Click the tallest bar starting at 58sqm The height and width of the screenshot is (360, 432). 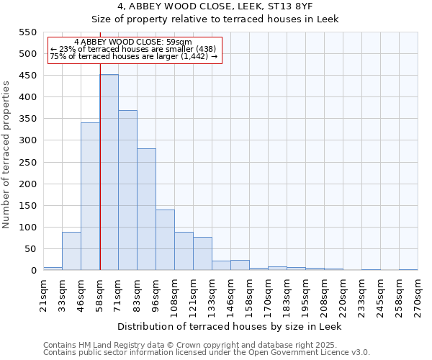(x=109, y=173)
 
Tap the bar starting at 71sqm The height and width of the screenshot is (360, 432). (x=127, y=191)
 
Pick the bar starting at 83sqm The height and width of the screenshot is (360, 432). (x=146, y=210)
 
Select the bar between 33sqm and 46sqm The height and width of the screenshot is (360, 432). (x=71, y=251)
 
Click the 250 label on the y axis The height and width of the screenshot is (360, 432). (x=28, y=163)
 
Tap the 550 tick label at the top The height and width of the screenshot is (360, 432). (x=28, y=32)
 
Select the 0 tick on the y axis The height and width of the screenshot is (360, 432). (x=33, y=271)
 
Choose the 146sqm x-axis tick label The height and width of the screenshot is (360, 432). (x=230, y=293)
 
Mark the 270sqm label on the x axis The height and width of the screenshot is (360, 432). (x=418, y=293)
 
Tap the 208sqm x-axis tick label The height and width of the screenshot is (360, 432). (x=324, y=293)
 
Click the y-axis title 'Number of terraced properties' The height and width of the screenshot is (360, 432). (x=7, y=154)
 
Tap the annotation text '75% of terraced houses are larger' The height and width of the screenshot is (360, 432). (x=133, y=56)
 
